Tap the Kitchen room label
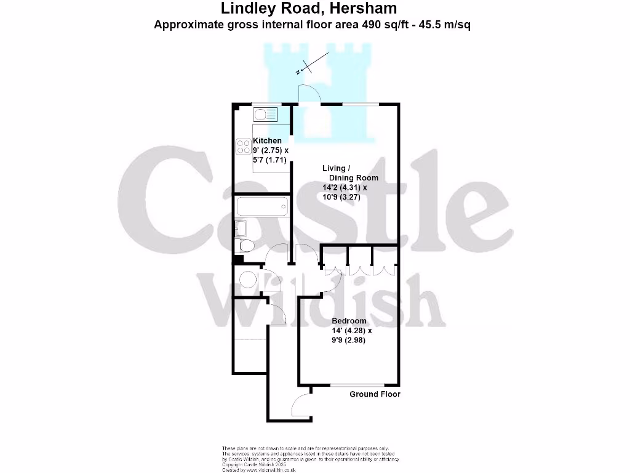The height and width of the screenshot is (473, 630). point(267,141)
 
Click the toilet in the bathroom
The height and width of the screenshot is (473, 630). point(246,246)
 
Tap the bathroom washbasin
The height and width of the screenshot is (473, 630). point(240,228)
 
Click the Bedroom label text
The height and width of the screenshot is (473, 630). point(349,321)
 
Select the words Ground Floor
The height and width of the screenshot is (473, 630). point(375,394)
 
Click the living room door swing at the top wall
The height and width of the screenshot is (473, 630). point(307,94)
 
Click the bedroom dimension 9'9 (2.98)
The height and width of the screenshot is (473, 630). point(348,340)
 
